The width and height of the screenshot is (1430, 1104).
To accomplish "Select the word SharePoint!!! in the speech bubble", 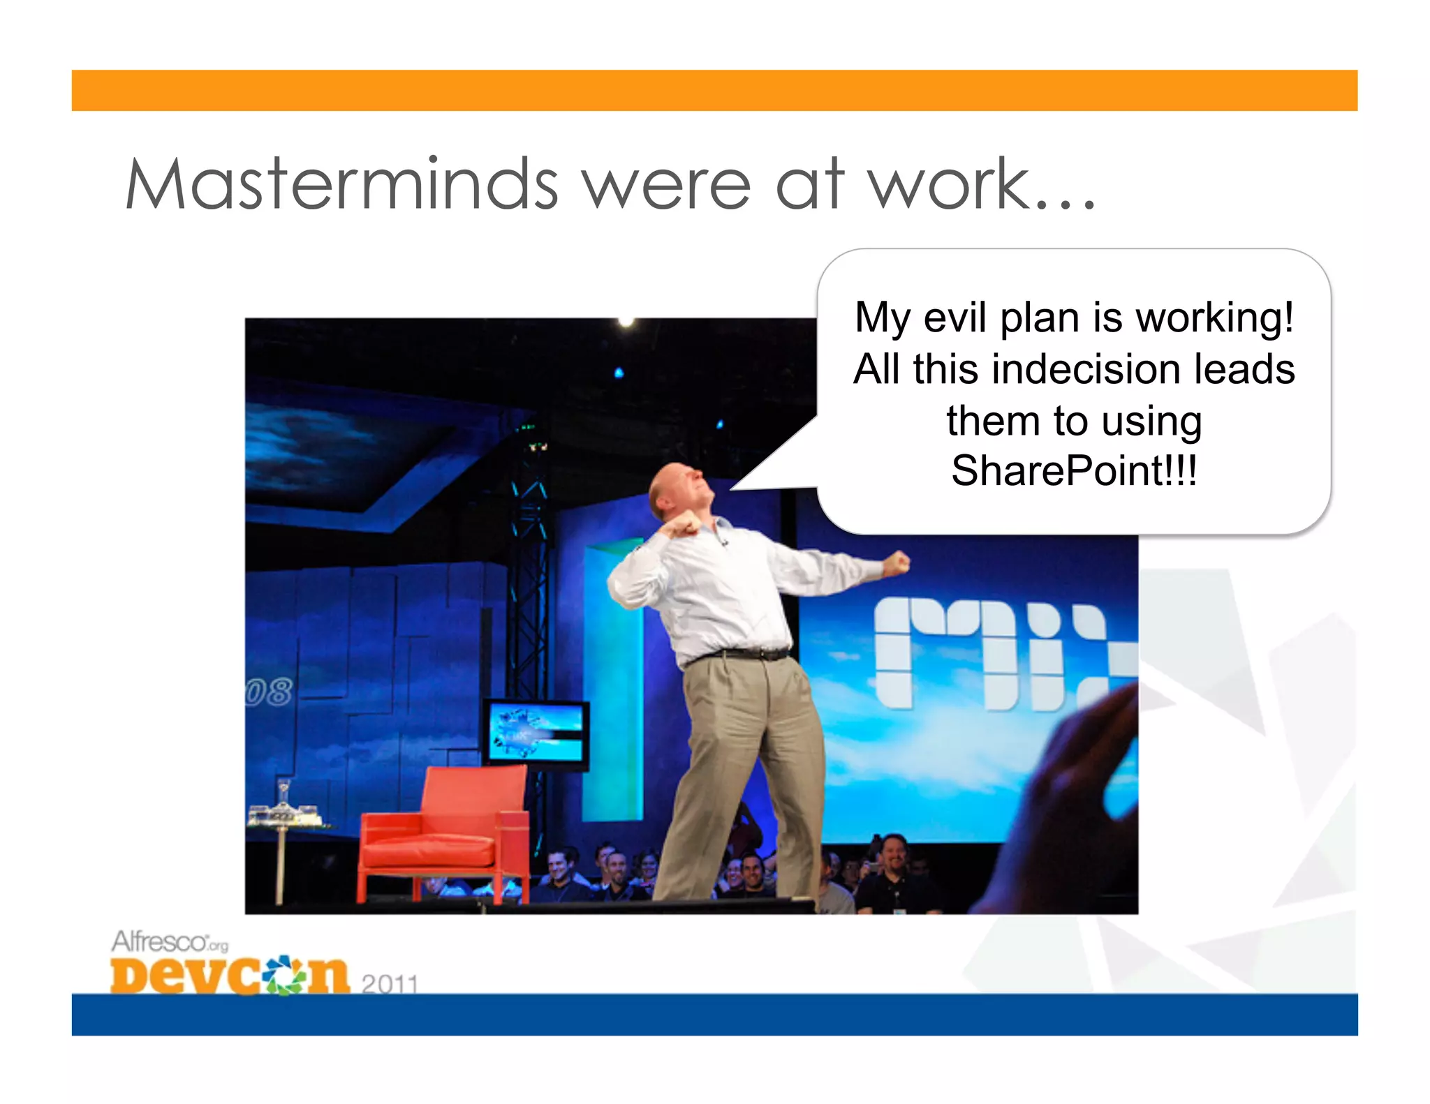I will coord(1074,470).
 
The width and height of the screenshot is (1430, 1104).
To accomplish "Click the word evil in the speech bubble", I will coord(955,318).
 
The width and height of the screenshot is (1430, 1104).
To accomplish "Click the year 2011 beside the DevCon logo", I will coord(390,983).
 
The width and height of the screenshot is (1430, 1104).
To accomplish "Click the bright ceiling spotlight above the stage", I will coord(626,322).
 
